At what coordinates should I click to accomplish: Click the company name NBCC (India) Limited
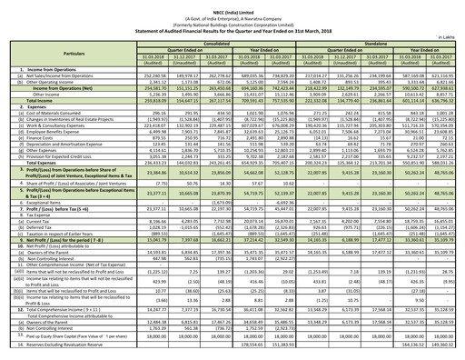[x=232, y=5]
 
